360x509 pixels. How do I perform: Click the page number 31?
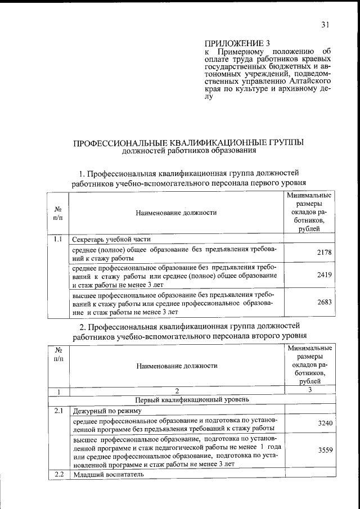[x=325, y=24]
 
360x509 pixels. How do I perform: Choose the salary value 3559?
[x=326, y=451]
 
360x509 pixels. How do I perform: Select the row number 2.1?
[x=58, y=411]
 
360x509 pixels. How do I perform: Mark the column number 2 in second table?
[x=176, y=390]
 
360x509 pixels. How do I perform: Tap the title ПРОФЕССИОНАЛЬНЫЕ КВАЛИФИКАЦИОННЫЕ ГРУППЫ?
[x=190, y=143]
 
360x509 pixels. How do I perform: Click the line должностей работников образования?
[x=190, y=151]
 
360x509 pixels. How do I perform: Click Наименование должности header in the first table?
[x=176, y=213]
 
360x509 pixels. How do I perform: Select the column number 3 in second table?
[x=309, y=390]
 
